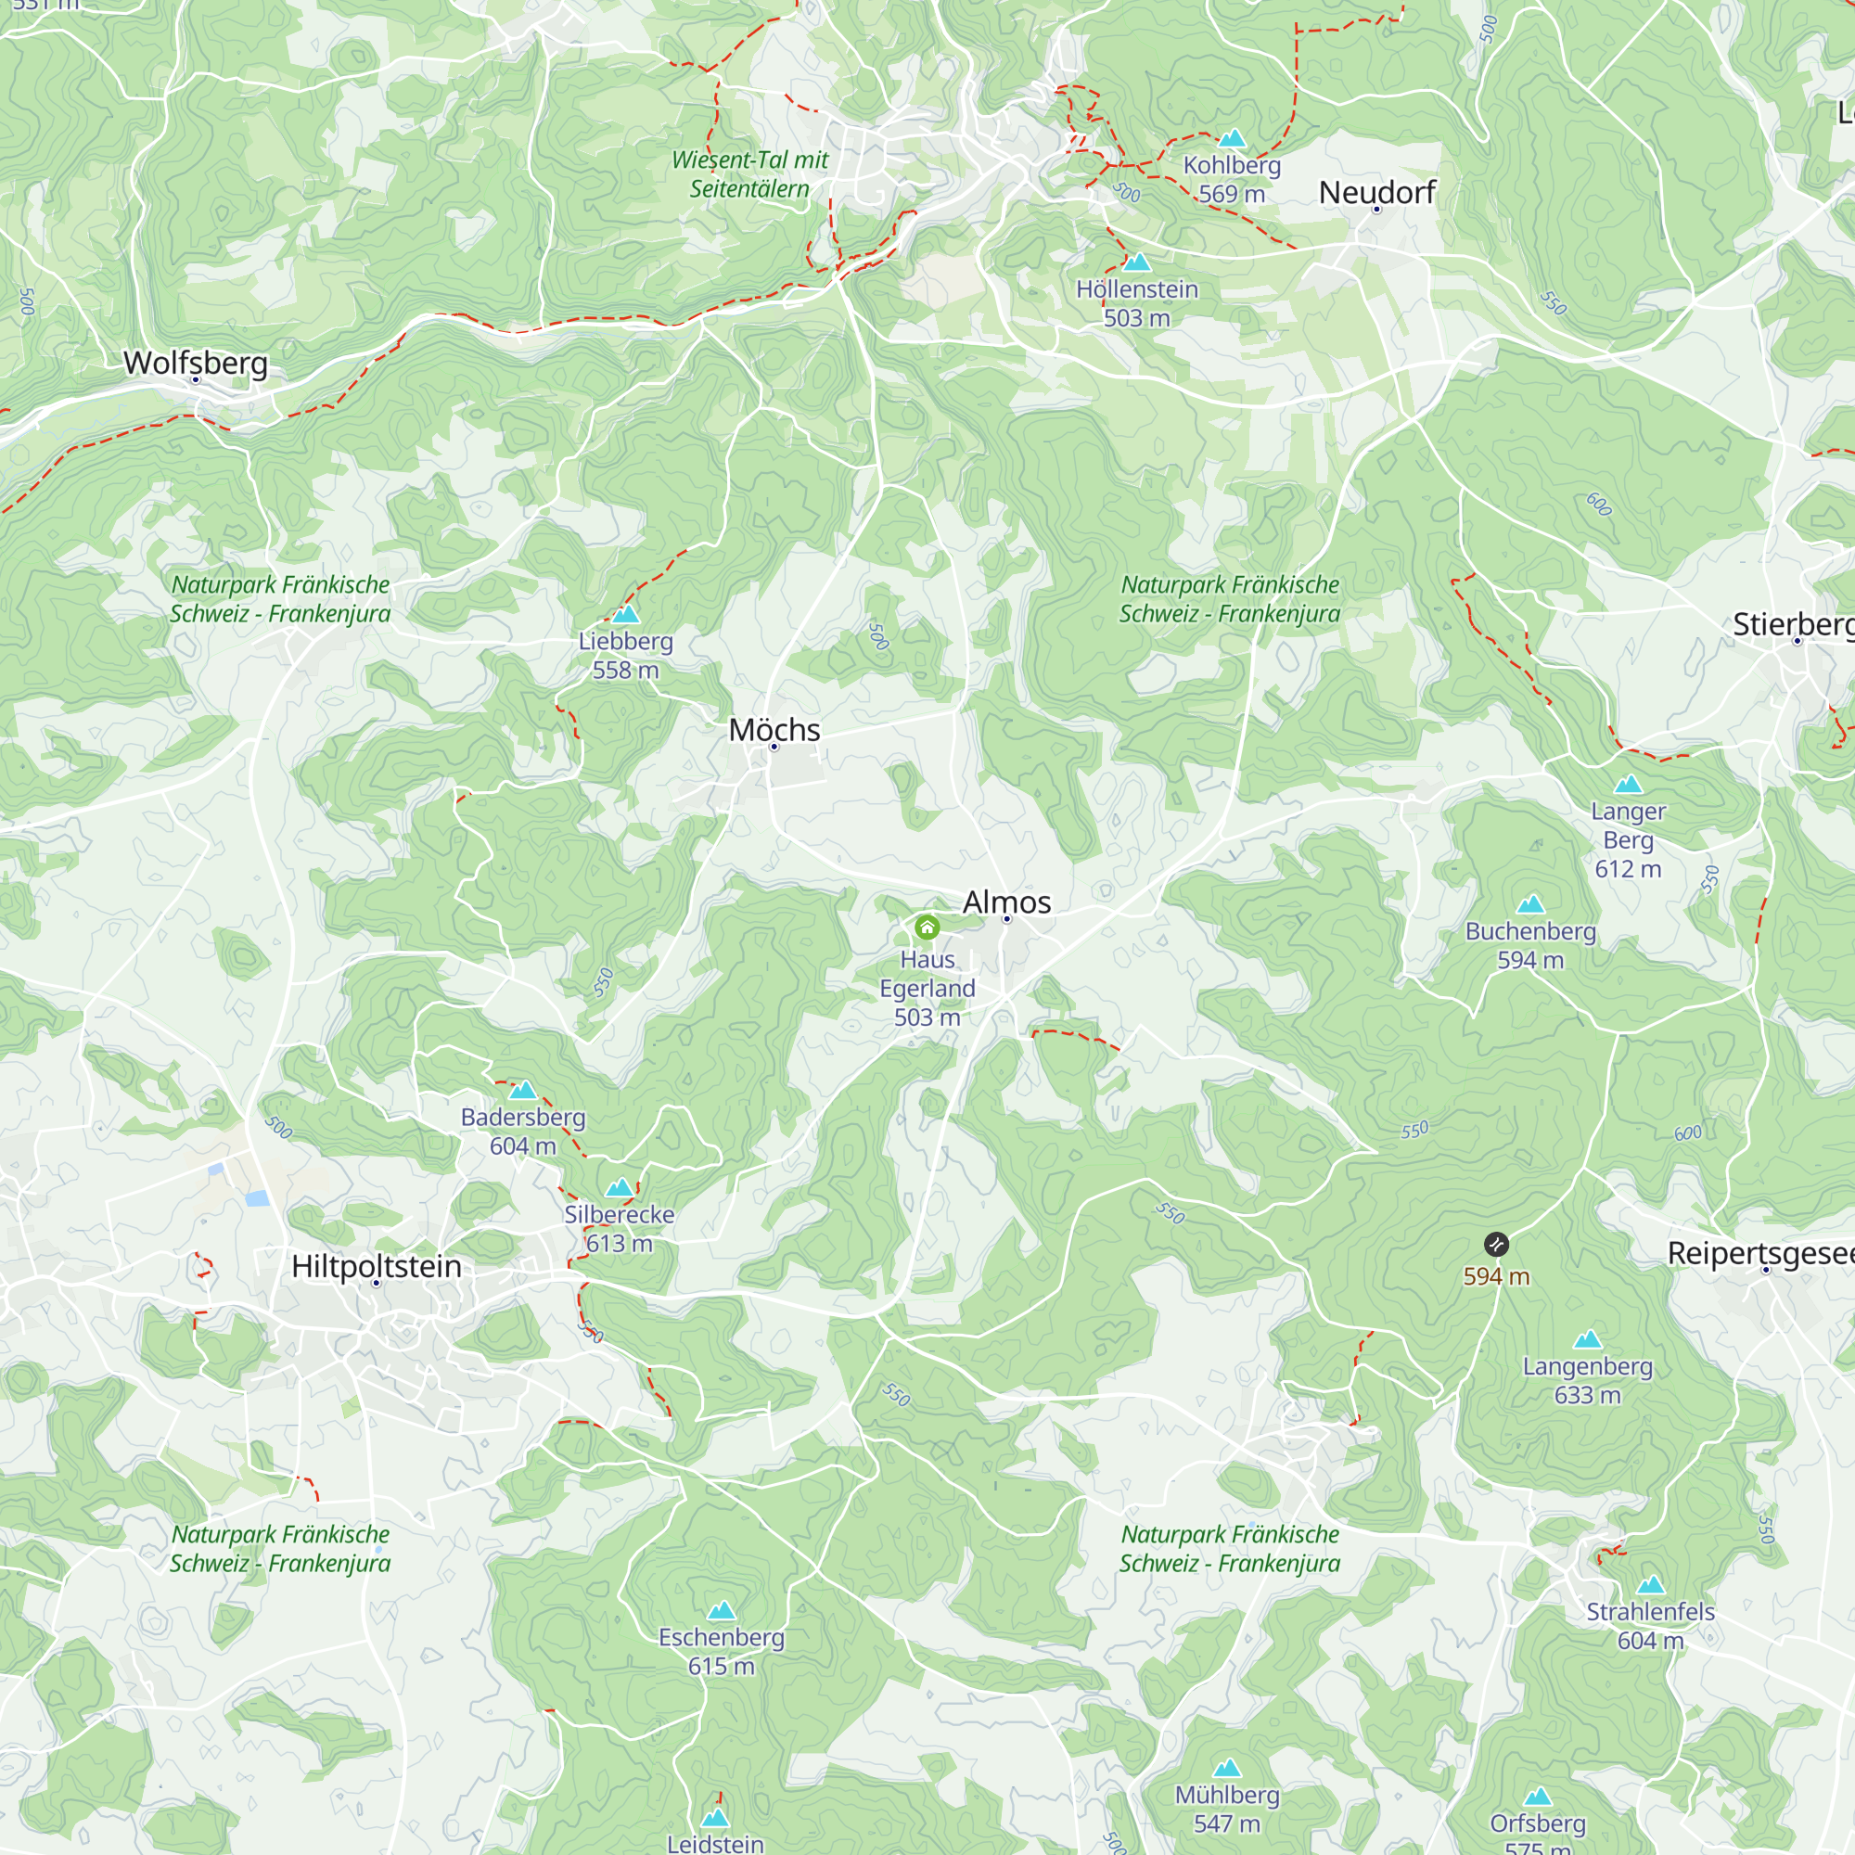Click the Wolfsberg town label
[x=196, y=363]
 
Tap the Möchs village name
[x=774, y=730]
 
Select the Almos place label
[x=1006, y=902]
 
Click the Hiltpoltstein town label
[x=377, y=1265]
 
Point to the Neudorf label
[x=1376, y=192]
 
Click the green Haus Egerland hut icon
[x=927, y=927]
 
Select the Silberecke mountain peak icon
[x=620, y=1188]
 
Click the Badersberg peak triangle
[x=522, y=1090]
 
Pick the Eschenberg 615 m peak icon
[x=721, y=1610]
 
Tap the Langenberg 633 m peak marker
[x=1587, y=1339]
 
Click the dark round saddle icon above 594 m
[x=1496, y=1245]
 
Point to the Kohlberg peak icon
[x=1232, y=138]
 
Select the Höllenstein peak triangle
[x=1137, y=262]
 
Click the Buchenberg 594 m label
[x=1530, y=945]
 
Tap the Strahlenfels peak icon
[x=1651, y=1585]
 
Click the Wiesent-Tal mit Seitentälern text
[x=749, y=173]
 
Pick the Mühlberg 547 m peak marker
[x=1227, y=1768]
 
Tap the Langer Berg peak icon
[x=1628, y=785]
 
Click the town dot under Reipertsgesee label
[x=1766, y=1270]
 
